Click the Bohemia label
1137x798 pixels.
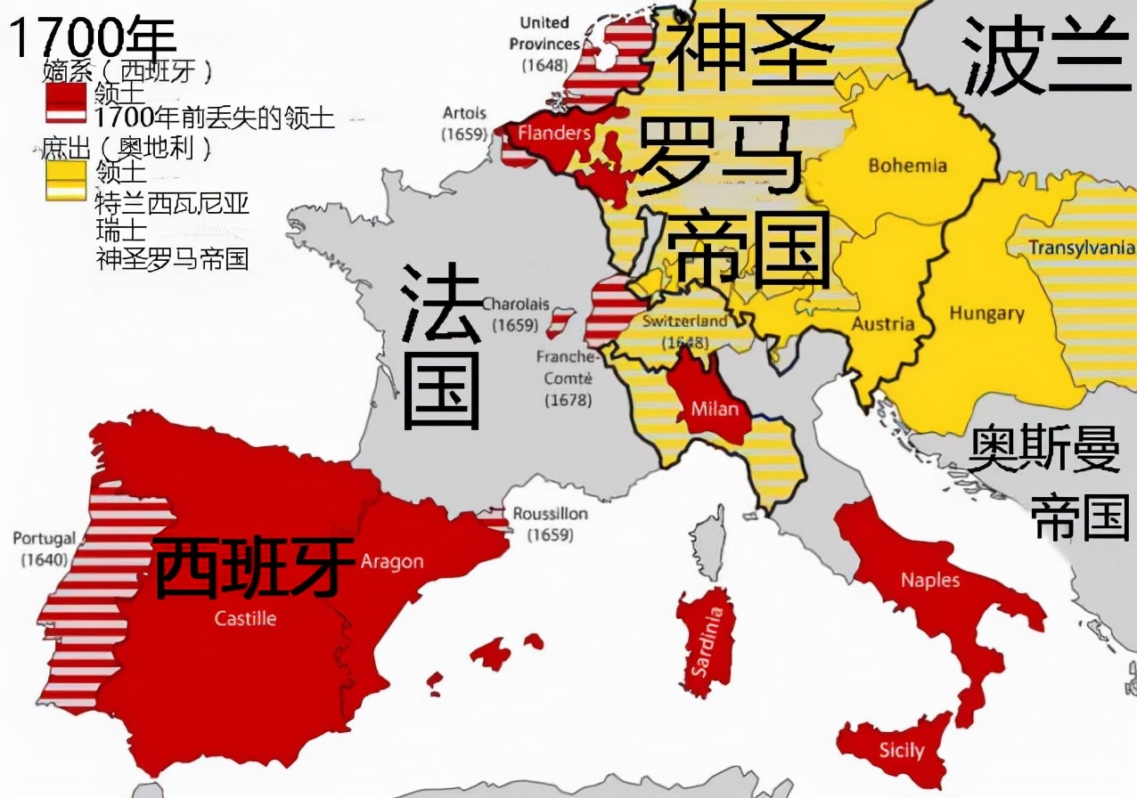point(907,165)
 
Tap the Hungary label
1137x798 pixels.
point(986,313)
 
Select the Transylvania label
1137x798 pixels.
point(1082,248)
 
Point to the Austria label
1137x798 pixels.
point(883,323)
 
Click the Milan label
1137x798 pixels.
point(715,409)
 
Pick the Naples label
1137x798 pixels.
point(930,580)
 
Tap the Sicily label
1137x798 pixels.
point(902,750)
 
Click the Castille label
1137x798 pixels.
point(245,618)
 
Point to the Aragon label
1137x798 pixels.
point(392,561)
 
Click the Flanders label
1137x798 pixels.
point(554,134)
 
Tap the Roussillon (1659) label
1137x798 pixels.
point(550,525)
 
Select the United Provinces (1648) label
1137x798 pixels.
point(544,44)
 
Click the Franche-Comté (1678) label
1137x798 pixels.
point(567,379)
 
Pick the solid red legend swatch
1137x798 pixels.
point(66,91)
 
